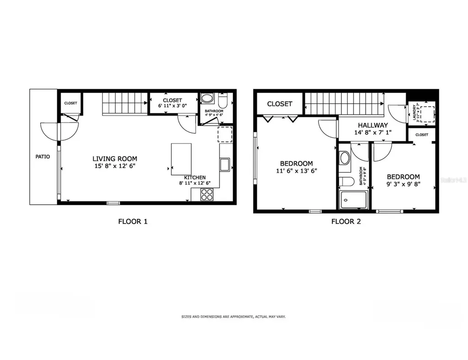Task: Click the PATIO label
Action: [43, 157]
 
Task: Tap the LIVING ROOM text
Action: [114, 159]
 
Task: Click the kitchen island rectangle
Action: [181, 159]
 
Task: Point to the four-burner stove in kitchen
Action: [207, 195]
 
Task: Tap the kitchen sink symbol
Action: [224, 164]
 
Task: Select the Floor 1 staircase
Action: [125, 104]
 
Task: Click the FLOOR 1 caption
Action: [133, 222]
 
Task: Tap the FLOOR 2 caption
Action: [346, 222]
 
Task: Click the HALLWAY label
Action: [373, 125]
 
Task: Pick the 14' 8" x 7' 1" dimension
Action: [373, 132]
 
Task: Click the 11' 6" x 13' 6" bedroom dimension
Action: [296, 171]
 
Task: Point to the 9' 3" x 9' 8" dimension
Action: [403, 185]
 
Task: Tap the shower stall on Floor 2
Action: [353, 200]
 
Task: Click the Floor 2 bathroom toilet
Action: [346, 182]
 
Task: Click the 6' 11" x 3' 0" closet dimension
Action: [172, 106]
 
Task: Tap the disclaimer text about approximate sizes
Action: [234, 316]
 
